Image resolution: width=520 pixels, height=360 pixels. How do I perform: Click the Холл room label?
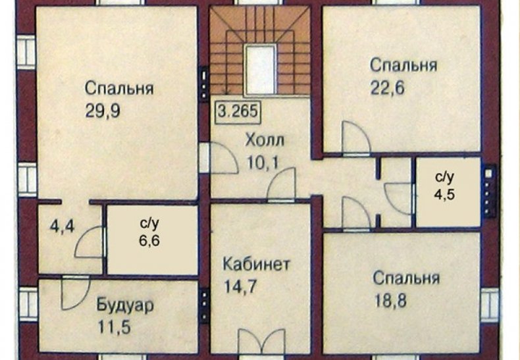click(x=265, y=141)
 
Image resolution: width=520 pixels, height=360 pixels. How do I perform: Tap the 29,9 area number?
click(x=103, y=111)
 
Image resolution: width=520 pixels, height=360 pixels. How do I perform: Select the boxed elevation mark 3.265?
click(x=238, y=111)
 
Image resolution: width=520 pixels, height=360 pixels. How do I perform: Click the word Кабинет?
click(x=256, y=264)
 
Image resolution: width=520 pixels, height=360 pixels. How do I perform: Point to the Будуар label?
click(x=125, y=305)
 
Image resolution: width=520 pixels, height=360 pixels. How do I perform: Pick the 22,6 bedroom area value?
click(x=387, y=88)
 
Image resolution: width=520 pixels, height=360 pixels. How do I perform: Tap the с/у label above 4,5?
click(x=444, y=178)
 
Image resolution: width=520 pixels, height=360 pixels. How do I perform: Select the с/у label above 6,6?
click(x=149, y=224)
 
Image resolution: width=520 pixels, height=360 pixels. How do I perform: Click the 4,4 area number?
click(x=62, y=227)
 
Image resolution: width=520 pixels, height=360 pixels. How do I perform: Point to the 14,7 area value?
click(x=240, y=286)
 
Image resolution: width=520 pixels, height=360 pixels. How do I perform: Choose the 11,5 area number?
click(x=114, y=327)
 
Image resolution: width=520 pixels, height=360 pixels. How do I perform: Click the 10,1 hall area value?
click(x=263, y=163)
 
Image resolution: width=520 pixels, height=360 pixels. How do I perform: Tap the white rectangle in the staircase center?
click(x=261, y=69)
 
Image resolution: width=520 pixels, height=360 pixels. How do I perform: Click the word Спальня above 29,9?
click(x=119, y=89)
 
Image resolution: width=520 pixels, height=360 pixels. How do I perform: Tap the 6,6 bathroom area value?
click(x=149, y=240)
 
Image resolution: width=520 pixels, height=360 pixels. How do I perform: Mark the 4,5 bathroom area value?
click(x=444, y=194)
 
